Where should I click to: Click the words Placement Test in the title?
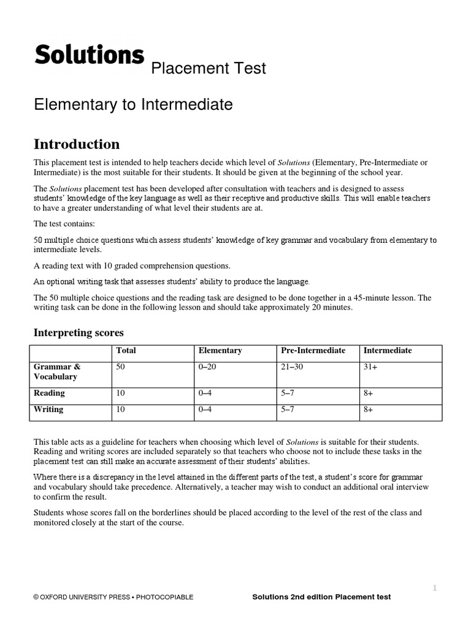209,68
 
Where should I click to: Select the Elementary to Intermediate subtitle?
133,105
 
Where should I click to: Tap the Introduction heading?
77,144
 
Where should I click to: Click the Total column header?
126,351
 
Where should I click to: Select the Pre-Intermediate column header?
313,351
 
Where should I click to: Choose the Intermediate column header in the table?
388,351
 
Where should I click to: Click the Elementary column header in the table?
220,351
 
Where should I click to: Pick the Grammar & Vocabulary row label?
57,372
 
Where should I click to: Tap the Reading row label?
49,393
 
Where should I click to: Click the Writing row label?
48,410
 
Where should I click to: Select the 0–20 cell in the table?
209,367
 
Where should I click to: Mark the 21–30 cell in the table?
292,367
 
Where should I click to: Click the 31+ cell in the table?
370,367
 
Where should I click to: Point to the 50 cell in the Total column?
120,367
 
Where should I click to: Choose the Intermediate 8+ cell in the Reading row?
369,393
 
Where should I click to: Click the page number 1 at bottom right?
434,588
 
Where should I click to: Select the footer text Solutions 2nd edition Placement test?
321,597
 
